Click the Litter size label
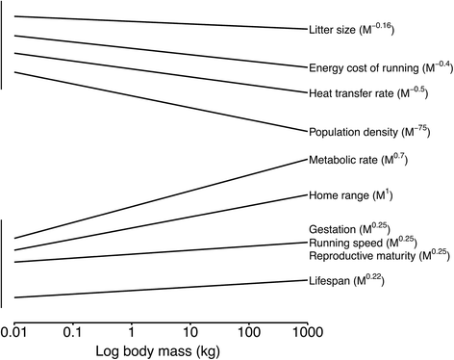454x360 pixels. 352,30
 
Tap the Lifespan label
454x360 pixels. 345,281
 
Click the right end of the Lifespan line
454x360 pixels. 306,280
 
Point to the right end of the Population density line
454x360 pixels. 306,130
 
